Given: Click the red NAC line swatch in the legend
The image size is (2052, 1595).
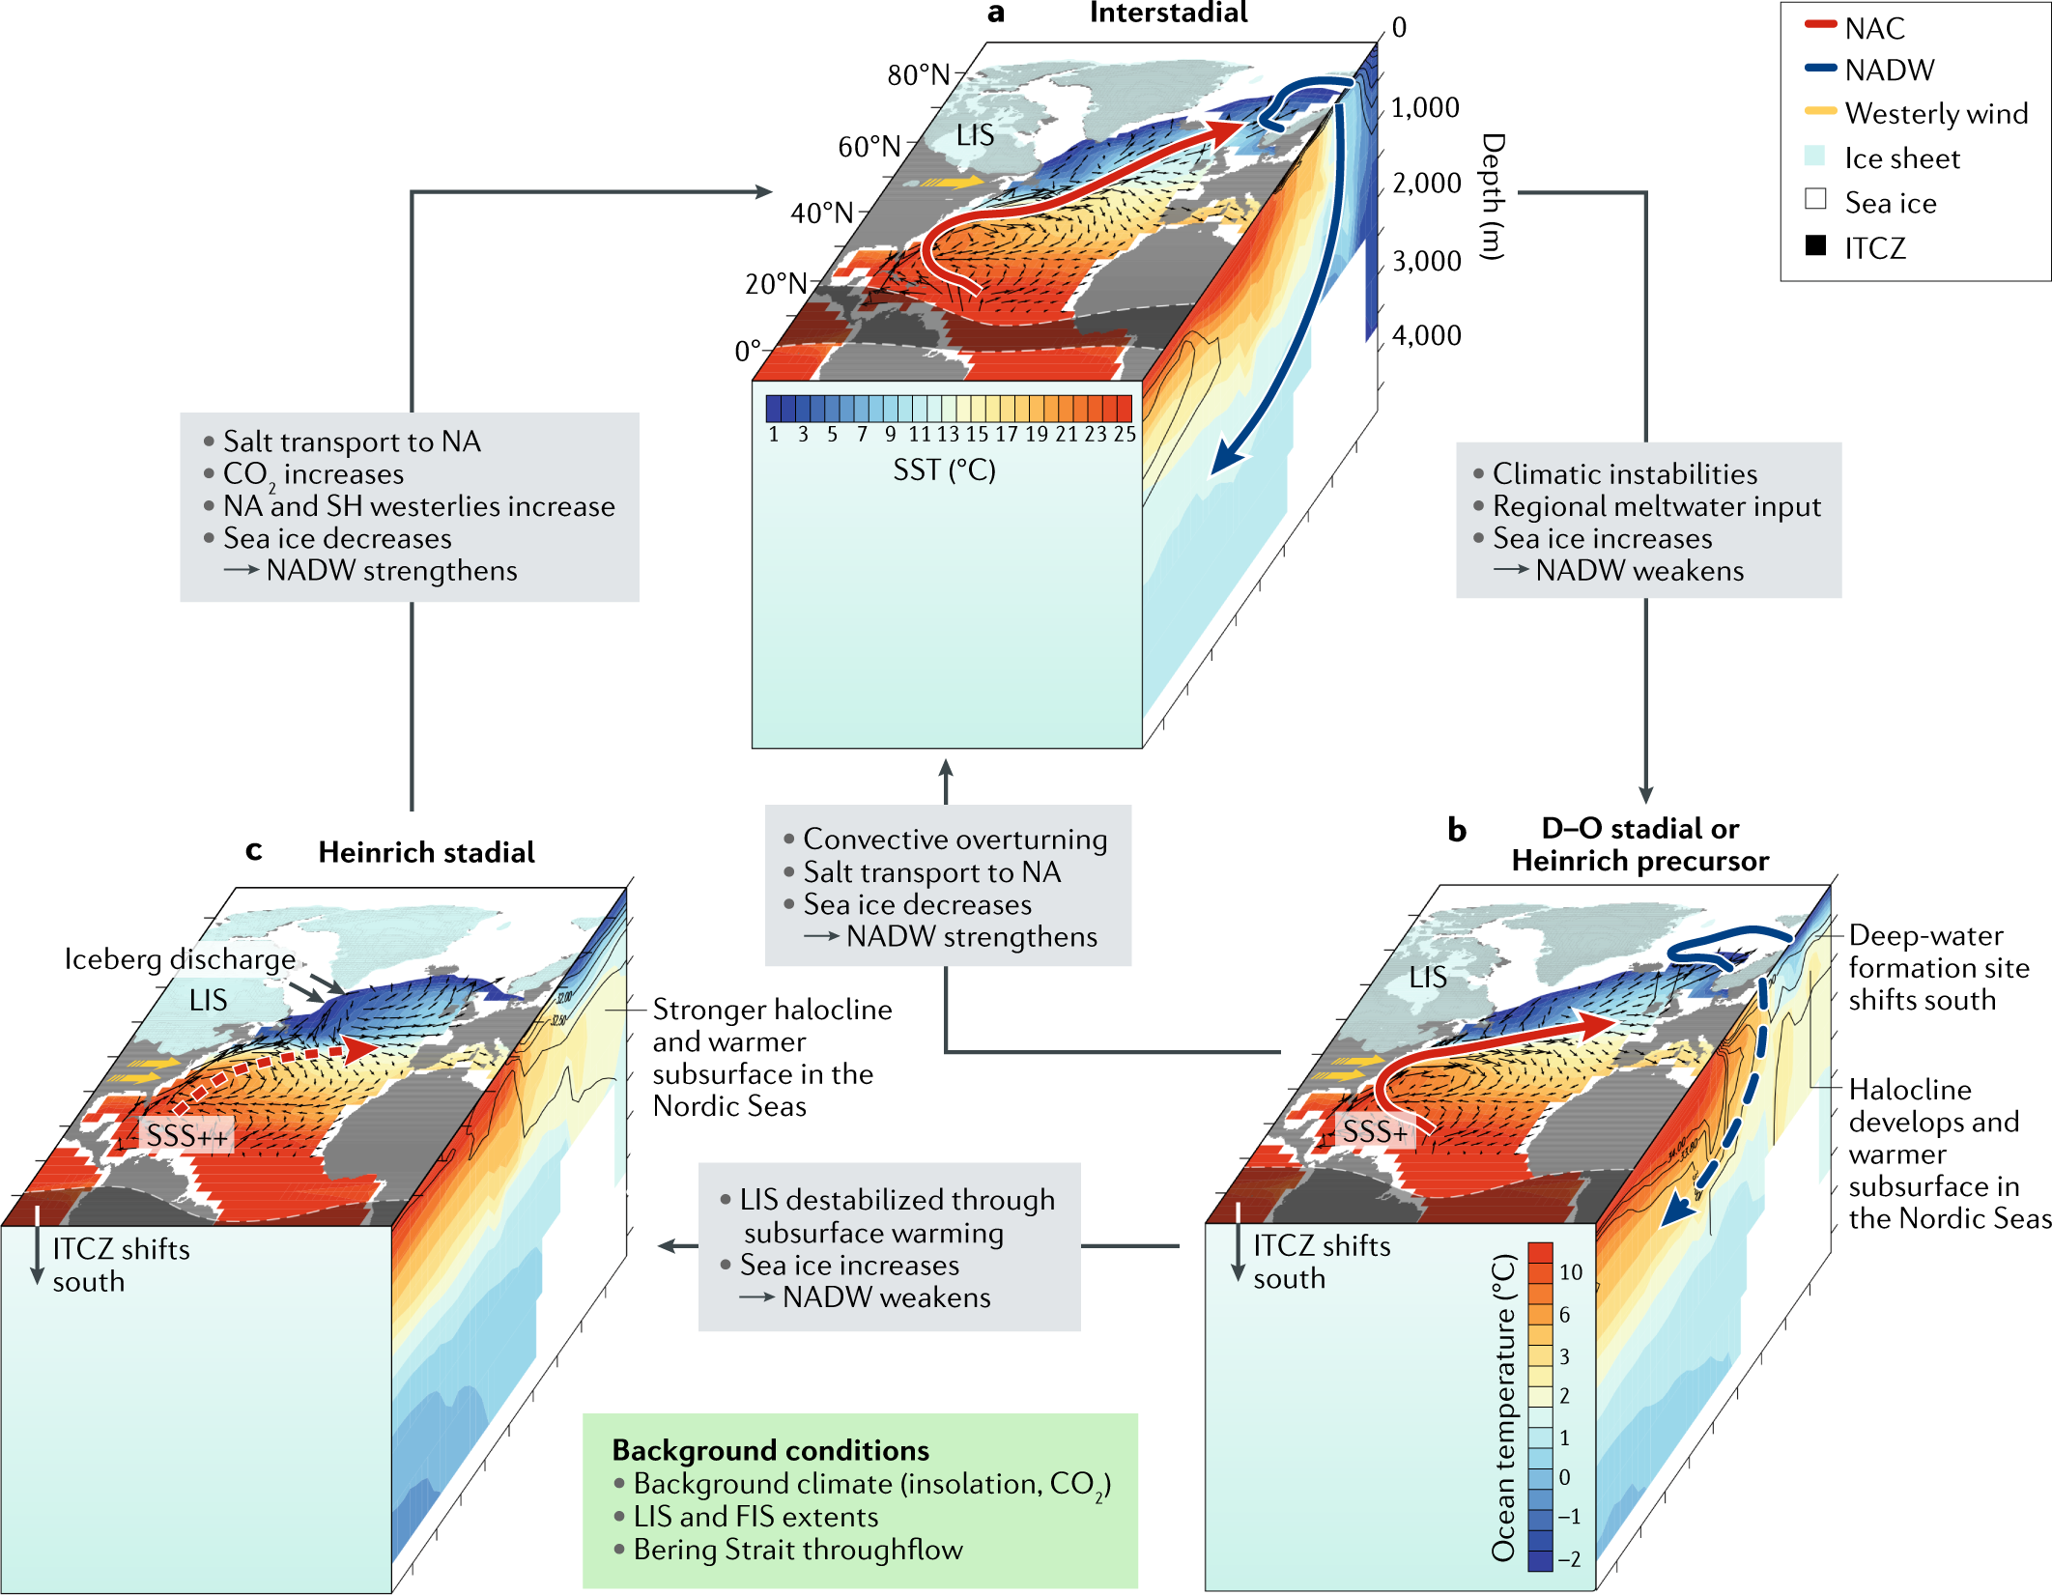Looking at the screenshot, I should pos(1820,25).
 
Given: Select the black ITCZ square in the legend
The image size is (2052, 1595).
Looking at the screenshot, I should pos(1815,245).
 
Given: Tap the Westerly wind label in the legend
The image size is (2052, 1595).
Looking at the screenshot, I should pos(1936,113).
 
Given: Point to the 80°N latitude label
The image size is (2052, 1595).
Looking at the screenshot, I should pos(919,74).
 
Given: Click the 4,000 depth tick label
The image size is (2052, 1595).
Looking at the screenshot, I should pos(1426,335).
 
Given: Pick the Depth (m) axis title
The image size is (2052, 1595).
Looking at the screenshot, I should pos(1493,197).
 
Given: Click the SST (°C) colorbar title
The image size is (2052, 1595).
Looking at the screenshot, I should pos(944,470).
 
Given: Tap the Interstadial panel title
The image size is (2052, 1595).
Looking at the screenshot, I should pos(1168,13).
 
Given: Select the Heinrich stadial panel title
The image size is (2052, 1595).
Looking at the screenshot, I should pos(426,852).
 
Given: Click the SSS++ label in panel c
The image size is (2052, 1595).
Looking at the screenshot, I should pos(187,1135).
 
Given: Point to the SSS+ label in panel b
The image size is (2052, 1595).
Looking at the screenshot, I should pos(1375,1131).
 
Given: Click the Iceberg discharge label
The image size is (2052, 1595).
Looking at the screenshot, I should pos(180,959).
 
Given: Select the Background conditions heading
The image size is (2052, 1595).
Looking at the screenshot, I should pos(770,1450).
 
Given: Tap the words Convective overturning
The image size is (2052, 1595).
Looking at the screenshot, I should pos(955,839).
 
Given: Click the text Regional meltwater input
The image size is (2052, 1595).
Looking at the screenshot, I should pos(1656,506).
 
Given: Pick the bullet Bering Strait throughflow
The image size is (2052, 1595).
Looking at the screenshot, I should pos(797,1550).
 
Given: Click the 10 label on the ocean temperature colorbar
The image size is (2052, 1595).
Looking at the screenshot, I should pos(1571,1272).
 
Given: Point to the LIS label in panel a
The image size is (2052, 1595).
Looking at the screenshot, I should pos(975,135).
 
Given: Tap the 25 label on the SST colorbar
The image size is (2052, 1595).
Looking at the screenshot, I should pos(1124,435).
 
